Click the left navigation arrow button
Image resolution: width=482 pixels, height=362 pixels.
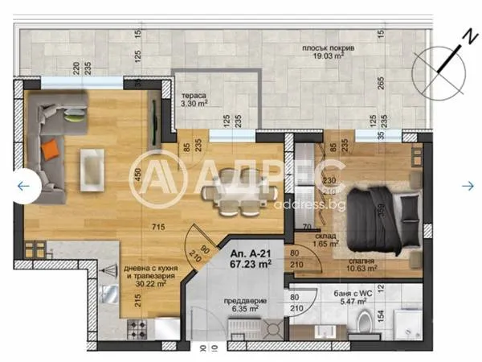(23, 186)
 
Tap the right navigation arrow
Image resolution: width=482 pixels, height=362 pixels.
(468, 186)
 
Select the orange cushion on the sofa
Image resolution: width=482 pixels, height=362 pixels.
(51, 148)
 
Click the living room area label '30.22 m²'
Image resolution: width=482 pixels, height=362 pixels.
(151, 283)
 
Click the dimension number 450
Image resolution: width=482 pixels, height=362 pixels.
(137, 175)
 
